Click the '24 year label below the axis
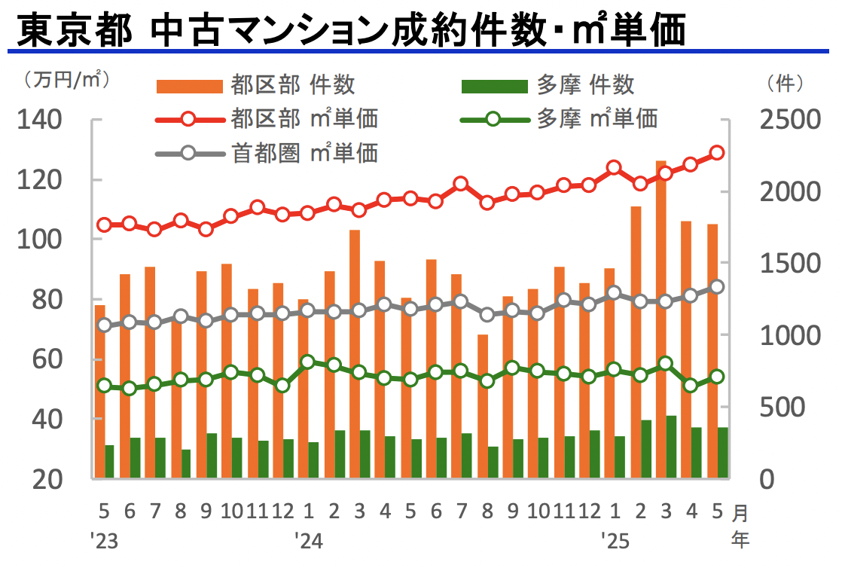click(307, 541)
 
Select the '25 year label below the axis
click(615, 541)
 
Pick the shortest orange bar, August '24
click(483, 406)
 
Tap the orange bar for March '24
click(355, 354)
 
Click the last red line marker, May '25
click(717, 153)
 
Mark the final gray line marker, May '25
click(717, 287)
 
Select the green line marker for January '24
click(307, 362)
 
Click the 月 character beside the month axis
click(741, 513)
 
